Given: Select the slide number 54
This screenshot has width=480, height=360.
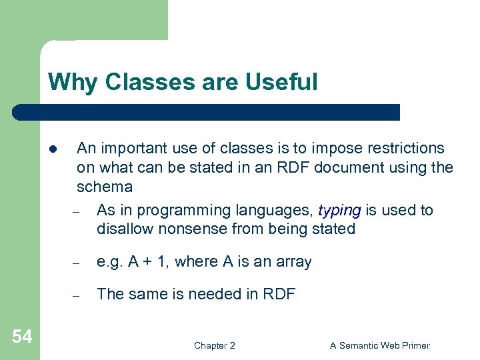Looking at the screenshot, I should (21, 337).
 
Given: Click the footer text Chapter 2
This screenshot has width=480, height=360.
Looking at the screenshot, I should (214, 345).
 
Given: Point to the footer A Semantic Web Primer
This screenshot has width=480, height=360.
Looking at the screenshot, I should (380, 345).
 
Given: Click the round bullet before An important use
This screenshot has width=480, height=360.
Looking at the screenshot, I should (51, 149).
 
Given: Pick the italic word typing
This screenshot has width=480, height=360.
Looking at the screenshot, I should (339, 210).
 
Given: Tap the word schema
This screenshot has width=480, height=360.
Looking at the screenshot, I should (105, 186).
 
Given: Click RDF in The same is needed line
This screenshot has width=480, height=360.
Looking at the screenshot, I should (279, 294).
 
